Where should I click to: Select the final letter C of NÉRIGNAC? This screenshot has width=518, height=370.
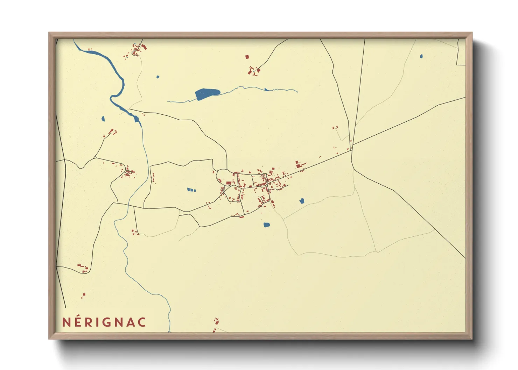141,322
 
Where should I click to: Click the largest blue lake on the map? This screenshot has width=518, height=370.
207,94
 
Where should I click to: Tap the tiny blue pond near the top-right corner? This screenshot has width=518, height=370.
421,56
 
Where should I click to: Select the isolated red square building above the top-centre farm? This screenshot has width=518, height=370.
247,56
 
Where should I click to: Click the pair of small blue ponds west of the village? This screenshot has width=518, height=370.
191,190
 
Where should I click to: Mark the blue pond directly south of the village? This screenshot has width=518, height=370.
266,225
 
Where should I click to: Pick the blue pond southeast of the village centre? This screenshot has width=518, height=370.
302,201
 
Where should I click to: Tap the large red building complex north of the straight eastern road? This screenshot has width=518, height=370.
299,164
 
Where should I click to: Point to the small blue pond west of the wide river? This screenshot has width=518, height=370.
103,119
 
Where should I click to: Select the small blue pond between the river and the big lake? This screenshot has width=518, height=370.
158,77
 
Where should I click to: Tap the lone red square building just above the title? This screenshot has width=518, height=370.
83,296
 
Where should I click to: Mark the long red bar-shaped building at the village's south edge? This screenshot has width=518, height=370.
242,217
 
